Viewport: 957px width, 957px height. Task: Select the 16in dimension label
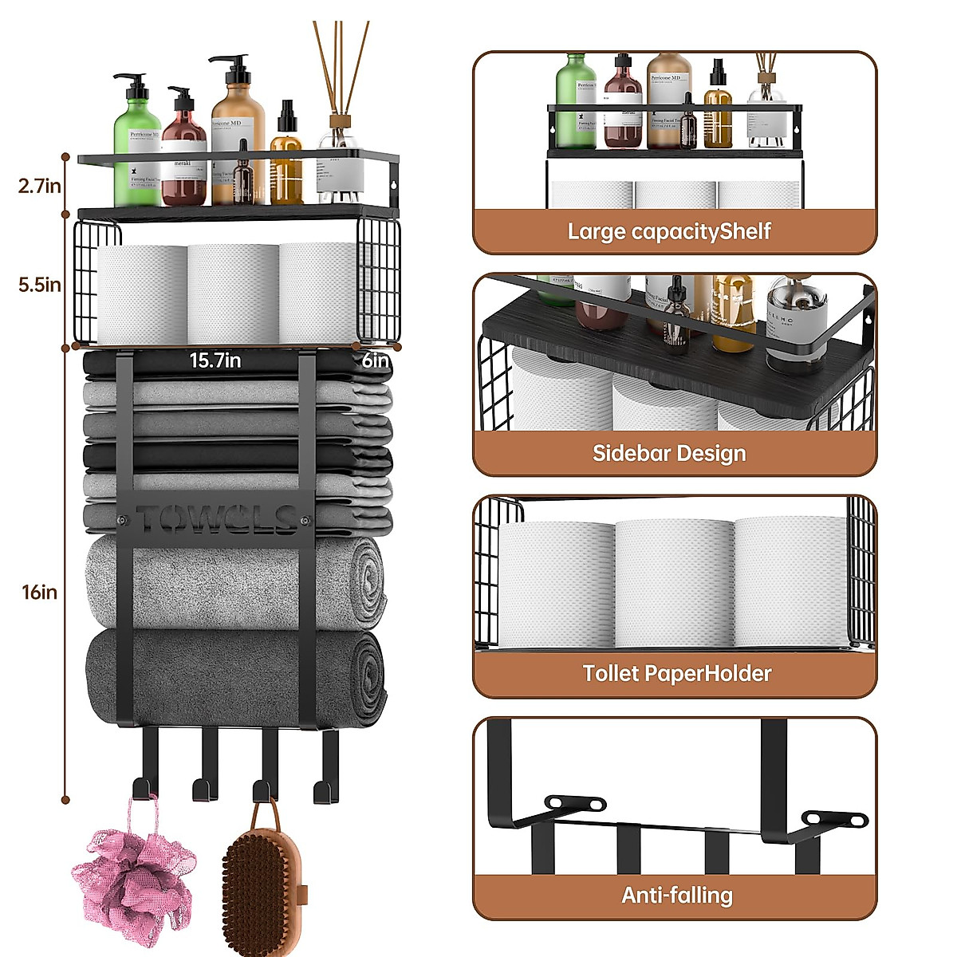(x=39, y=592)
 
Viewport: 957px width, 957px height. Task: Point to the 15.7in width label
(x=215, y=360)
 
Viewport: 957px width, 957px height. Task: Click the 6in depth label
(x=375, y=360)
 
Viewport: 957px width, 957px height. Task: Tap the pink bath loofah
(x=134, y=873)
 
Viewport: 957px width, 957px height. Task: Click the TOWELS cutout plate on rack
(x=215, y=519)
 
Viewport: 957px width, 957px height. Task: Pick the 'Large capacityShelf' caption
(x=668, y=232)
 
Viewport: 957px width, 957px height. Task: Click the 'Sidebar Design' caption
(x=668, y=454)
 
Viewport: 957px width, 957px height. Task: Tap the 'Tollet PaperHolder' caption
(x=676, y=674)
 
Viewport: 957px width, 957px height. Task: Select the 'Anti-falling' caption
(x=676, y=896)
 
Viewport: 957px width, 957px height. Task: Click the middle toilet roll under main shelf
(x=233, y=293)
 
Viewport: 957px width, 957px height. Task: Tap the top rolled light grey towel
(x=235, y=582)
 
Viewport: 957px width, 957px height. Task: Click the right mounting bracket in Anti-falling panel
(x=834, y=818)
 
